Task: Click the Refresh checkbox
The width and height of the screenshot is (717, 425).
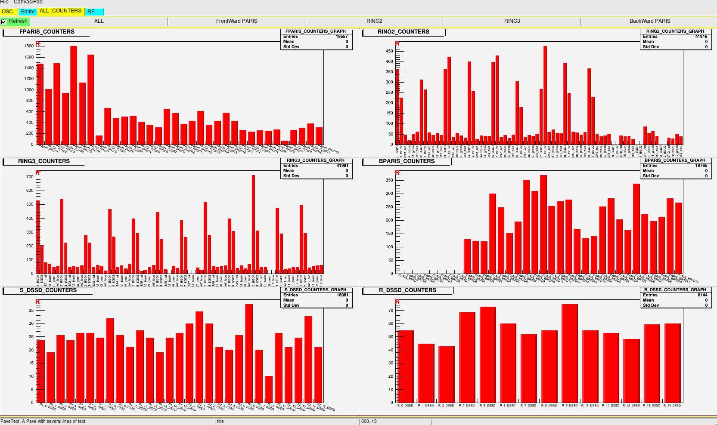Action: pos(3,22)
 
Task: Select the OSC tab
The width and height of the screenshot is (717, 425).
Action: pos(8,12)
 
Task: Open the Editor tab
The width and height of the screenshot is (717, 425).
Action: pos(28,12)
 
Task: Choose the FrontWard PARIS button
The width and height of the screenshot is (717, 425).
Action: pos(236,21)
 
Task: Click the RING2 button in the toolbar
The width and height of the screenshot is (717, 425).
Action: pos(374,21)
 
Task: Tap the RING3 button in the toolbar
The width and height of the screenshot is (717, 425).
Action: pos(512,21)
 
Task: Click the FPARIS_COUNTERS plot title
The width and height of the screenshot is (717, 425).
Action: pos(47,32)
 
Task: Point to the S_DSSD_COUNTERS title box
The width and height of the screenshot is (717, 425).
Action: pos(48,290)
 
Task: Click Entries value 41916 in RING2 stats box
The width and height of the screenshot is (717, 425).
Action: pos(701,37)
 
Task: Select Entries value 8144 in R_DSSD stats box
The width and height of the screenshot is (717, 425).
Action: pos(702,295)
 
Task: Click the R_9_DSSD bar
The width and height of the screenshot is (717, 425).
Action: pos(569,353)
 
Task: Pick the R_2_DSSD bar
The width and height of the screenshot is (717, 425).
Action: pos(446,374)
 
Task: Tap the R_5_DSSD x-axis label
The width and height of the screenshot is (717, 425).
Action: pos(487,406)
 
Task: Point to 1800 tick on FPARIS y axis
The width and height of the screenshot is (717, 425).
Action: pos(29,46)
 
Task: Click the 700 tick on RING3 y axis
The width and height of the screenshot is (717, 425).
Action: pos(30,177)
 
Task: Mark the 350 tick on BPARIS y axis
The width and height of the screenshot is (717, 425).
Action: pos(389,180)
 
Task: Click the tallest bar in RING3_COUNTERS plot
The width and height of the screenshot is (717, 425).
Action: pos(253,224)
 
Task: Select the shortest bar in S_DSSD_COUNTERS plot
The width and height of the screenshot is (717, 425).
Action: pos(269,389)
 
